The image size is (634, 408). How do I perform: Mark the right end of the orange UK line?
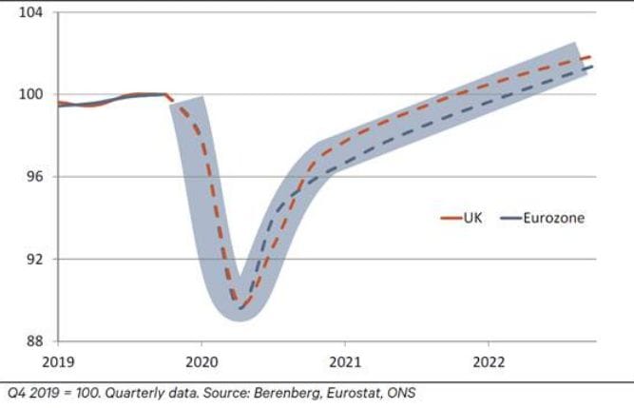592,57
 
